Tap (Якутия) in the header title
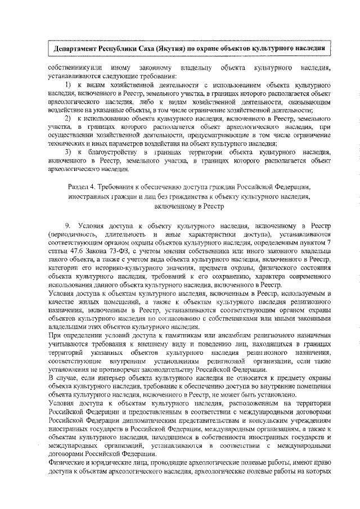(166, 48)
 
